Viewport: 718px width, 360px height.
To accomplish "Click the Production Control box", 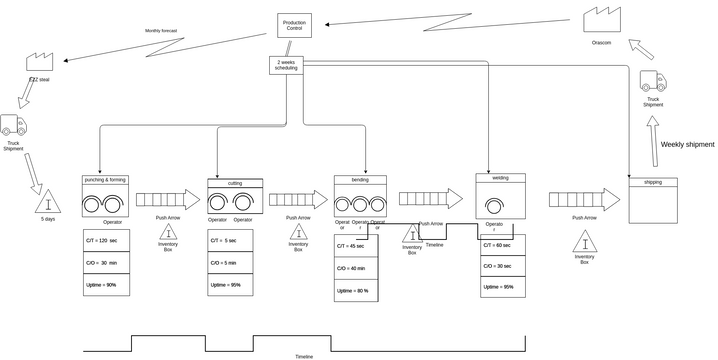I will coord(294,25).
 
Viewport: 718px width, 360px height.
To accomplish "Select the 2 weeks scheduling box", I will coord(286,65).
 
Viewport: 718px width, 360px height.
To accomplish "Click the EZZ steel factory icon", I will coord(40,62).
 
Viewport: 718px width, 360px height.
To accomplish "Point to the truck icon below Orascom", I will coord(652,82).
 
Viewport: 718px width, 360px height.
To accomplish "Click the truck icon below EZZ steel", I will coord(13,125).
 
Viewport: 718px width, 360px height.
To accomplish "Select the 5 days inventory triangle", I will coord(48,201).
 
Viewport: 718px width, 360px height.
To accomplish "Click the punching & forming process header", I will coord(105,180).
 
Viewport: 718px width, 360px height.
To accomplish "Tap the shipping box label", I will coord(652,183).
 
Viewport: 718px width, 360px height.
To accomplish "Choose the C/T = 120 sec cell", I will coord(105,241).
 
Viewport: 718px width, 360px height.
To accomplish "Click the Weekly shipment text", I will coord(687,145).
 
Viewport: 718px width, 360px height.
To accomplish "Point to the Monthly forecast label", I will coord(161,31).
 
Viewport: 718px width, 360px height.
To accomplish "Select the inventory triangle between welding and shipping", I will coord(585,242).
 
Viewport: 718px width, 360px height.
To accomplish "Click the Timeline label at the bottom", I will coord(304,356).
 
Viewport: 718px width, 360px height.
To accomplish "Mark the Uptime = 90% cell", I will coord(105,285).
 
